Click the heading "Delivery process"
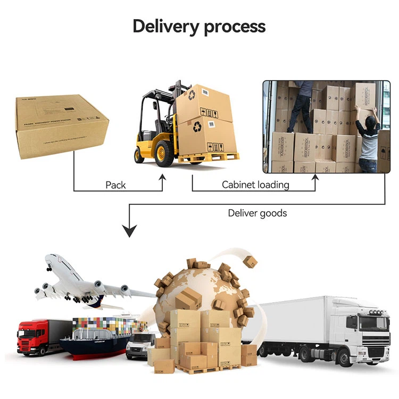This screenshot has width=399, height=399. [199, 26]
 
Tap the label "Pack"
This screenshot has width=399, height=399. [115, 185]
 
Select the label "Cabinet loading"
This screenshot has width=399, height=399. [255, 185]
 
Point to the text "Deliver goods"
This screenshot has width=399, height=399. [257, 213]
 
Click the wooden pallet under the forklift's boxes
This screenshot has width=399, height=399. [208, 157]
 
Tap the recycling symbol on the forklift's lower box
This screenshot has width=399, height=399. [197, 127]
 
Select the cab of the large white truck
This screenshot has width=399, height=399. [367, 330]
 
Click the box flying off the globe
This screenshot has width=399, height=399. [250, 261]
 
